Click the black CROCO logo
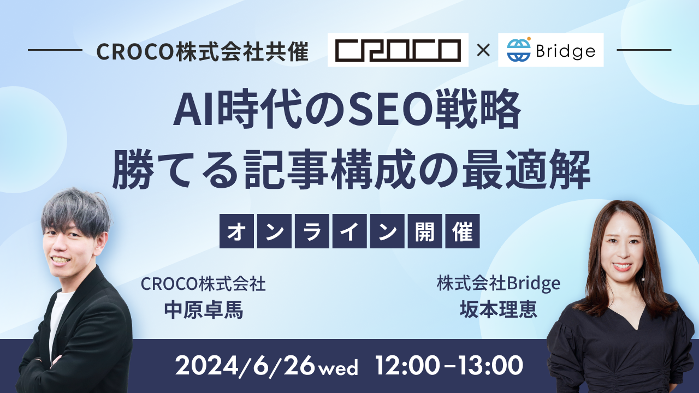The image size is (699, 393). pos(398,50)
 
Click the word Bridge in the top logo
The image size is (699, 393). pos(566,51)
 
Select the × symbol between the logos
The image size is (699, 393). pos(483,50)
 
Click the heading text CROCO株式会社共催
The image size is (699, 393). pos(203,51)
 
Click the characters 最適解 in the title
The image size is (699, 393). pos(526,169)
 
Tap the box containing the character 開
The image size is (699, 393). pos(425,231)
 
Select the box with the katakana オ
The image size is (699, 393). pos(236,231)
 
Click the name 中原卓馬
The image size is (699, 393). pos(204,309)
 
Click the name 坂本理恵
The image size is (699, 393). pos(499,309)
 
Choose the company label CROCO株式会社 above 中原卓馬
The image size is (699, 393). pos(203,284)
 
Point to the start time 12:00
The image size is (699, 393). pos(407,365)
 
